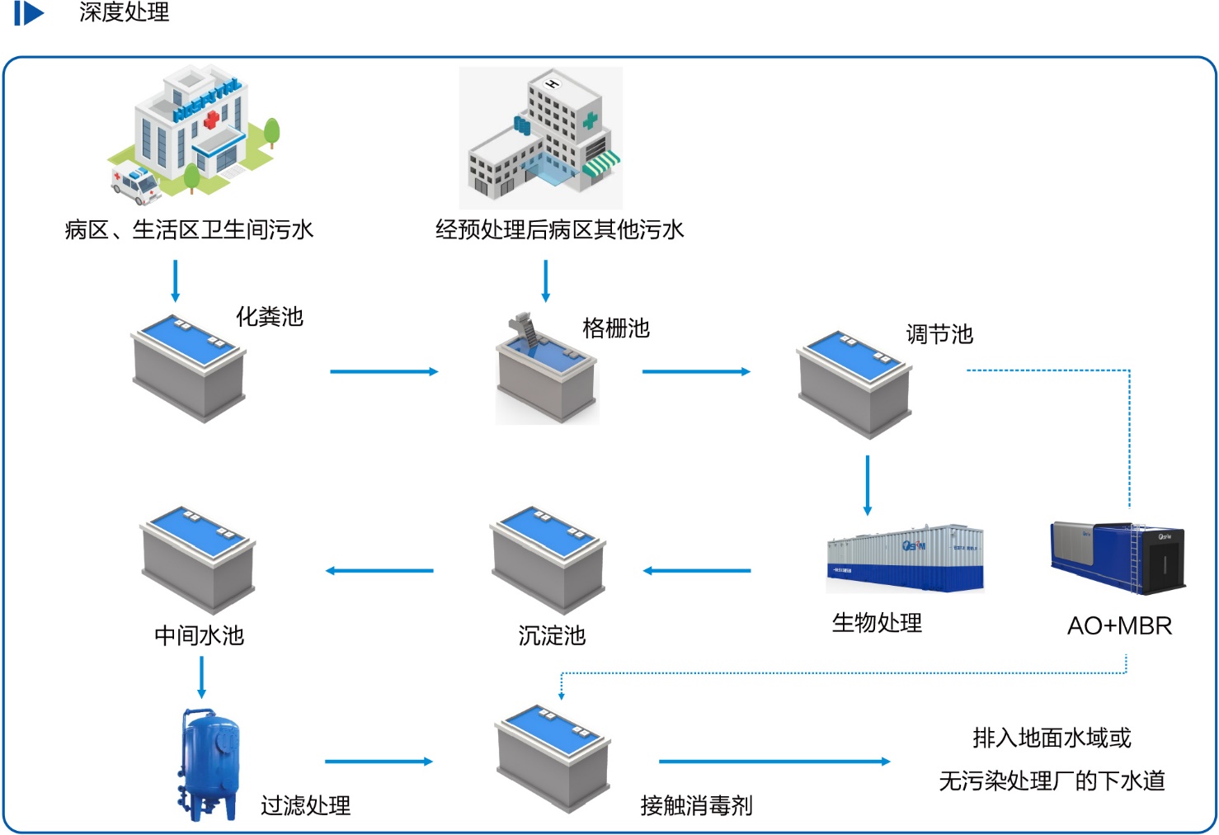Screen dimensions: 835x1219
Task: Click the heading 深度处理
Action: (124, 12)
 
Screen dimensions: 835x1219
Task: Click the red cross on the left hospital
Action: (212, 120)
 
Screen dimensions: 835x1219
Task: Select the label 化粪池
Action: (270, 317)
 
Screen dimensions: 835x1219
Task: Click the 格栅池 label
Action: (616, 328)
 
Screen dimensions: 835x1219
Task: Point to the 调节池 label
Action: (939, 334)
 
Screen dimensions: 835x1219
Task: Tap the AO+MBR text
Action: (1119, 625)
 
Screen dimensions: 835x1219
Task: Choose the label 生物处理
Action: (877, 623)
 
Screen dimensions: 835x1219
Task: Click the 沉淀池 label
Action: (552, 635)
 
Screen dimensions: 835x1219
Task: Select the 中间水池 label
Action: (200, 635)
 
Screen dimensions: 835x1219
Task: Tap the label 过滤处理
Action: (306, 805)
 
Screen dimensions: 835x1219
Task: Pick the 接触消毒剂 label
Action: (697, 805)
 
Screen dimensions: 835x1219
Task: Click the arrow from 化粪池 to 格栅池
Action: (384, 372)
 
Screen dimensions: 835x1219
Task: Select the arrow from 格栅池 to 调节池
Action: (696, 372)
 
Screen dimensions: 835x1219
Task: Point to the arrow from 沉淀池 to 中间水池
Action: (379, 571)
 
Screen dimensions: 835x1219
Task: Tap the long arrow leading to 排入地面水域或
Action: (774, 762)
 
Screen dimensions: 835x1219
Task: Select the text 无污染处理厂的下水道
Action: (1052, 781)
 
